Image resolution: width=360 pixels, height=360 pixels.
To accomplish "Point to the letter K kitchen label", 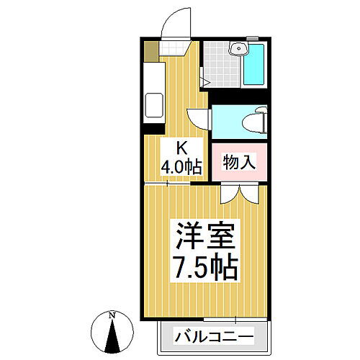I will point(182,149).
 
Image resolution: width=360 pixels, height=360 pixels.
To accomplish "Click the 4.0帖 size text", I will point(181,166).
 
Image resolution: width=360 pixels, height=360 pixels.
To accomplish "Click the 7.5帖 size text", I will point(205,269).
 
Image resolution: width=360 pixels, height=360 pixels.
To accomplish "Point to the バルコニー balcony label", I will point(214,336).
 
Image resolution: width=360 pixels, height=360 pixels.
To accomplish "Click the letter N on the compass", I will point(112,315).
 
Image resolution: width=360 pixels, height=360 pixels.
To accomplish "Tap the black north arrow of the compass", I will point(112,335).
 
